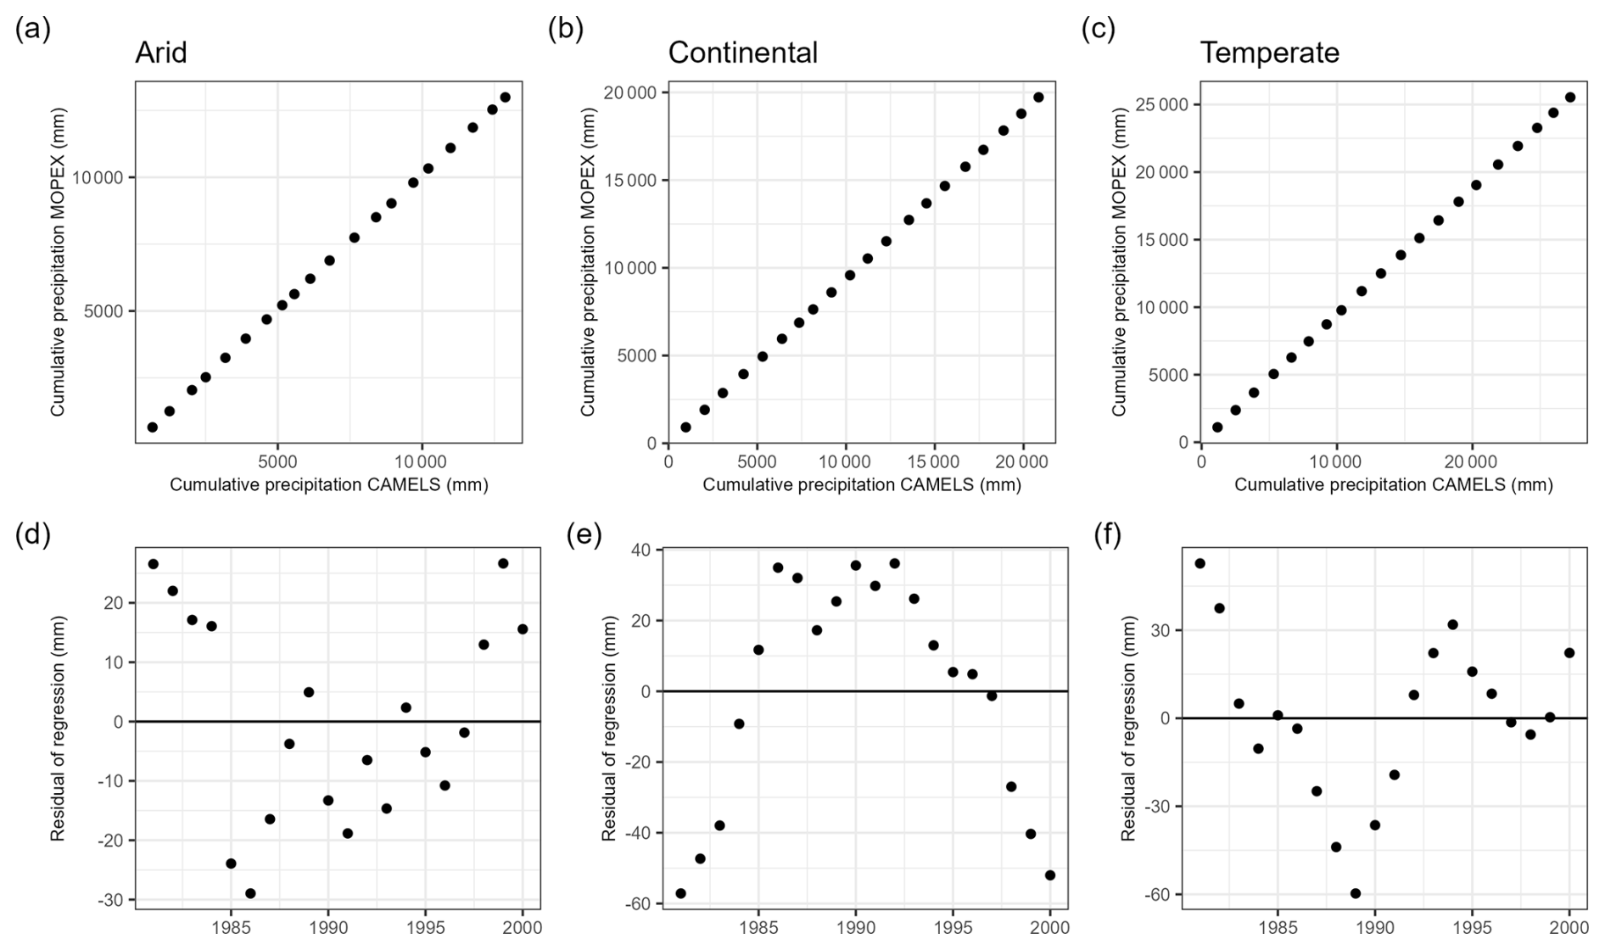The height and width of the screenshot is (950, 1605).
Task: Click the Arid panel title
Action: click(x=161, y=53)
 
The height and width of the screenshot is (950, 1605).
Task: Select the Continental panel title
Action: click(x=743, y=53)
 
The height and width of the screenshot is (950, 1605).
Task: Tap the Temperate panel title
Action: click(x=1269, y=53)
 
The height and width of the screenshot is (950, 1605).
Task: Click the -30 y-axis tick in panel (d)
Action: click(x=111, y=900)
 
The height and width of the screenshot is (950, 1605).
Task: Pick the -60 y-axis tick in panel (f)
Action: click(x=1158, y=895)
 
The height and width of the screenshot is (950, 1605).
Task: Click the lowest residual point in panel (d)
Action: click(x=250, y=893)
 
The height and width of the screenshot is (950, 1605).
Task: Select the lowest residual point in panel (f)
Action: click(x=1356, y=893)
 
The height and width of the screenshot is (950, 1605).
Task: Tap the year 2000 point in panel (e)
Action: click(x=1050, y=875)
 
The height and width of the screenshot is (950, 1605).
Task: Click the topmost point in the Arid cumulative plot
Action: click(x=506, y=98)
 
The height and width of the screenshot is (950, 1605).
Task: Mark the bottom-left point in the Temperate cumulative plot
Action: click(x=1217, y=427)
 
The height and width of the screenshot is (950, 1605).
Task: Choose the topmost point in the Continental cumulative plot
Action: click(x=1038, y=98)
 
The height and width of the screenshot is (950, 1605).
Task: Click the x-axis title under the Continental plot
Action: click(x=861, y=485)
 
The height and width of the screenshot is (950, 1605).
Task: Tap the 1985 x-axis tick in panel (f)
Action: click(x=1278, y=925)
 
